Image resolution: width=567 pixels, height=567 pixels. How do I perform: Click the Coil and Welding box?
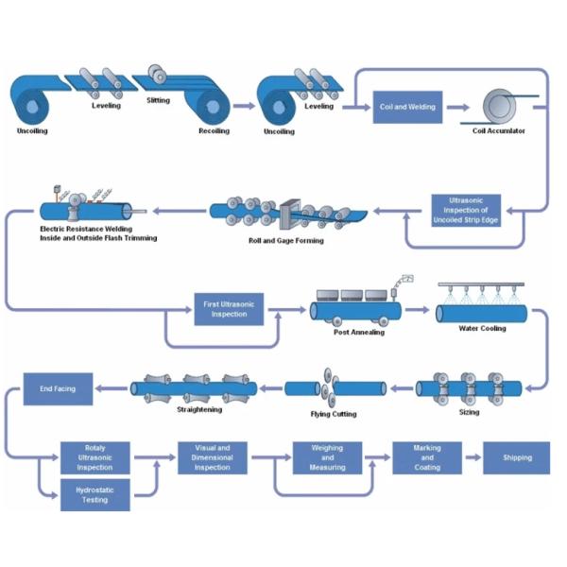[x=408, y=107]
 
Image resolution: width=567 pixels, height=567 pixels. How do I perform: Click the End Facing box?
[x=57, y=387]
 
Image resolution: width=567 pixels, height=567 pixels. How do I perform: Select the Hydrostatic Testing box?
[x=94, y=493]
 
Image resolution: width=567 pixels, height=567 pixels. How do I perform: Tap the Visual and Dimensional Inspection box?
[x=213, y=456]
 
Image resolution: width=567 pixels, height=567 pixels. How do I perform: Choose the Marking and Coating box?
[x=427, y=457]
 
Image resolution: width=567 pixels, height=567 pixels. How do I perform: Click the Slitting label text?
[x=160, y=99]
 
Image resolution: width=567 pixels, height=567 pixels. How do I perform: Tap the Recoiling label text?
[x=214, y=130]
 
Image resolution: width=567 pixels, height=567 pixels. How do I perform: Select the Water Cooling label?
[x=482, y=329]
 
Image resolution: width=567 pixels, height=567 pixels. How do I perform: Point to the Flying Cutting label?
[x=334, y=414]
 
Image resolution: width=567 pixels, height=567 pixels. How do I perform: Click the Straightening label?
[x=198, y=411]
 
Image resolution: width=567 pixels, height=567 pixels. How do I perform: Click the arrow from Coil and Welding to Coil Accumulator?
[x=457, y=107]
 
